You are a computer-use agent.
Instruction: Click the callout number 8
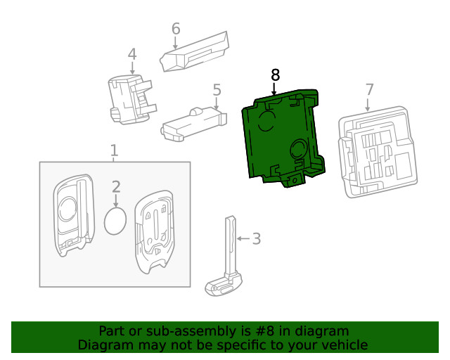coord(275,75)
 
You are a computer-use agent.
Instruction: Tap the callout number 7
coord(369,90)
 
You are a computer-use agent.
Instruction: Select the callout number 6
coord(176,29)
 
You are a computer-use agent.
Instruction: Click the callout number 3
coord(256,239)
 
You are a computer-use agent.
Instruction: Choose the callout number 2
coord(116,186)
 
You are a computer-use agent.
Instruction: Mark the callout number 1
coord(114,150)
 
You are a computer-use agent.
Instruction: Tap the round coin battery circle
coord(115,221)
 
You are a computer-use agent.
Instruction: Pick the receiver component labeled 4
coord(128,101)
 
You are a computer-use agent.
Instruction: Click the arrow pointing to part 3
coord(243,239)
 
